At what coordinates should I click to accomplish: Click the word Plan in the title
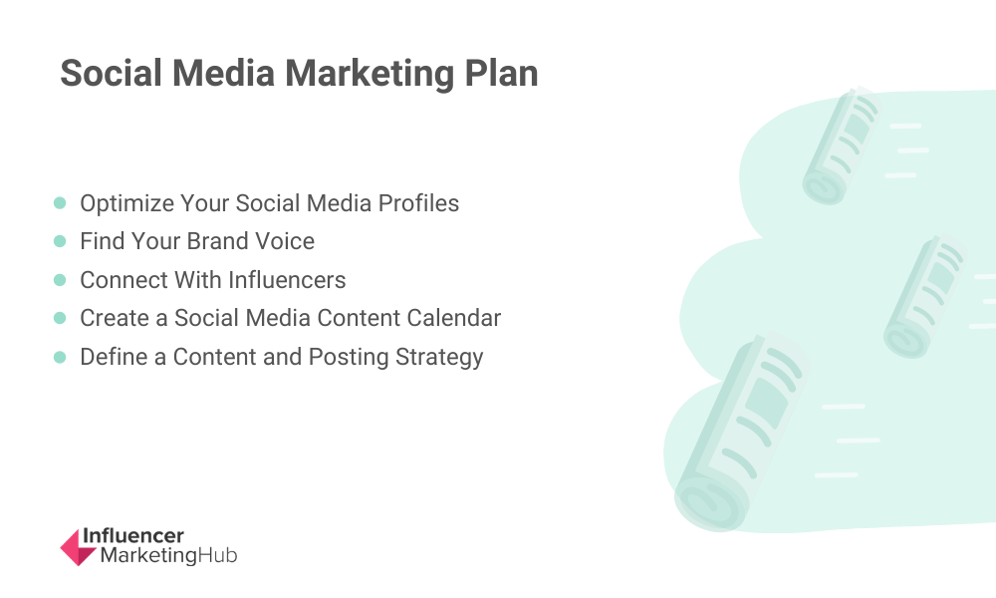click(501, 73)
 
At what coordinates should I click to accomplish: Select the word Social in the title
click(112, 73)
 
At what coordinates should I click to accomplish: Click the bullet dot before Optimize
click(60, 202)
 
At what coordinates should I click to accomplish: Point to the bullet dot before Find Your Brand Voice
click(60, 241)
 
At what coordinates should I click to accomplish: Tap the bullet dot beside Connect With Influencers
click(60, 280)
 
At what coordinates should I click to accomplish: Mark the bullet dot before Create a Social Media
click(60, 318)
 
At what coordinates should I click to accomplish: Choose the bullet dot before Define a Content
click(60, 357)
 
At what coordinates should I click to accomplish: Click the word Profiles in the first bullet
click(418, 203)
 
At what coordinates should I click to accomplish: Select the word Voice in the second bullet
click(285, 241)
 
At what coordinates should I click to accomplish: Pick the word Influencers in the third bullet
click(287, 280)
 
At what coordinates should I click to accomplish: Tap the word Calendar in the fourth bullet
click(454, 318)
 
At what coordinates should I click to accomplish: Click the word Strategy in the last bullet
click(439, 358)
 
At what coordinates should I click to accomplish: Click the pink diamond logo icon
click(78, 547)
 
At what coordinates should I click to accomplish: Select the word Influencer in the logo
click(133, 536)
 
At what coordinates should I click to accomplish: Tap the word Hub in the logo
click(217, 555)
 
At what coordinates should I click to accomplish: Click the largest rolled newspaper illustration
click(741, 432)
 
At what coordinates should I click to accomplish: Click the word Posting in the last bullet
click(349, 358)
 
